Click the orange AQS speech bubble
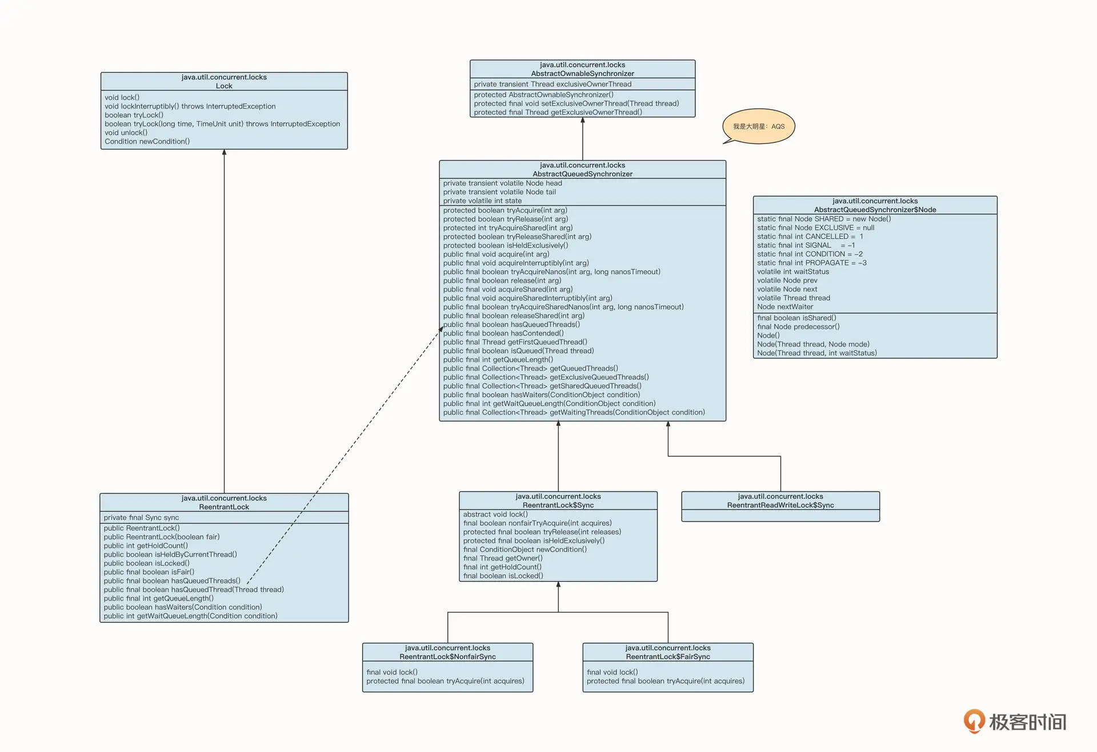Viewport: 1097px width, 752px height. [759, 126]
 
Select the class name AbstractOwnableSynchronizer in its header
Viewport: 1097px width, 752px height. [582, 74]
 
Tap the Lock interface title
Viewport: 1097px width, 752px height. [224, 86]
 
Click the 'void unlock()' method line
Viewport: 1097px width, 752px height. [126, 133]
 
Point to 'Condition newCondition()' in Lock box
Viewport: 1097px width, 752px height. [147, 142]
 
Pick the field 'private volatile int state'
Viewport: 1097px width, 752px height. [482, 201]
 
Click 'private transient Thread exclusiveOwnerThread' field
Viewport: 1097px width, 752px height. [552, 85]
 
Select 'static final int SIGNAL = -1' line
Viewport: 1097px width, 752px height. [806, 245]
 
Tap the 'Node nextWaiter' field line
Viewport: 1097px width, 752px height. [785, 307]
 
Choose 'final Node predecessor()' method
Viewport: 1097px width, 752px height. [798, 327]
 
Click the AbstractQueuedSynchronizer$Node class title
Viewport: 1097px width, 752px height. [875, 210]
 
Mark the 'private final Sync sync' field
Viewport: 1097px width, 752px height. [141, 518]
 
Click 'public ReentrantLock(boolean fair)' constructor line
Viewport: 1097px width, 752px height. [162, 537]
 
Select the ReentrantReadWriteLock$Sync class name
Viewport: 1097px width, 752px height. [780, 505]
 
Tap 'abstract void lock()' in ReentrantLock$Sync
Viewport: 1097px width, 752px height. [495, 514]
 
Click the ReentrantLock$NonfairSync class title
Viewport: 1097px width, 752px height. [447, 657]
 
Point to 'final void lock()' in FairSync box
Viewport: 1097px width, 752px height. [612, 673]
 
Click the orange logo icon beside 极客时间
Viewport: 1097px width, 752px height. [974, 721]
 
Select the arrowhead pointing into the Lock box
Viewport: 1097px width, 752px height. [224, 153]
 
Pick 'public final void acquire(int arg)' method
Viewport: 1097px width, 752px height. [496, 254]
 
